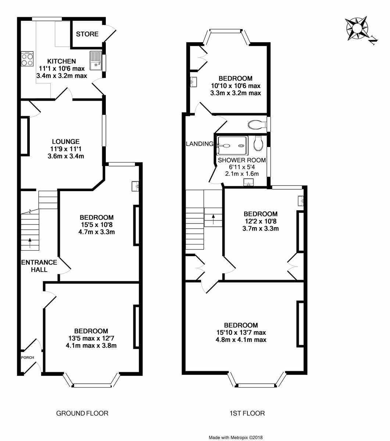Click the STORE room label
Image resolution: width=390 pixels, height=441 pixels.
[x=87, y=34]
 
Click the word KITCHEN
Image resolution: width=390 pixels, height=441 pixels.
[x=61, y=61]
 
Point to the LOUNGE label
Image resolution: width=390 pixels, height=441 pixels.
[x=66, y=141]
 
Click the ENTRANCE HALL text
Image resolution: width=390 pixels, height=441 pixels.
[x=39, y=266]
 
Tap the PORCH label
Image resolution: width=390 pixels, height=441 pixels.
[x=27, y=358]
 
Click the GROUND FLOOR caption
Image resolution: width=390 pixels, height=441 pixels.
[x=82, y=413]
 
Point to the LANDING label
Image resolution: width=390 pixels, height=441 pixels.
[x=199, y=144]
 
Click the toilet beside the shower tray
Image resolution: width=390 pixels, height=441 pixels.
[x=258, y=143]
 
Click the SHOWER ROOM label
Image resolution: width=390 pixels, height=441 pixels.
[x=241, y=160]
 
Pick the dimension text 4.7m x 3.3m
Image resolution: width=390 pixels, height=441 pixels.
[x=97, y=232]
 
